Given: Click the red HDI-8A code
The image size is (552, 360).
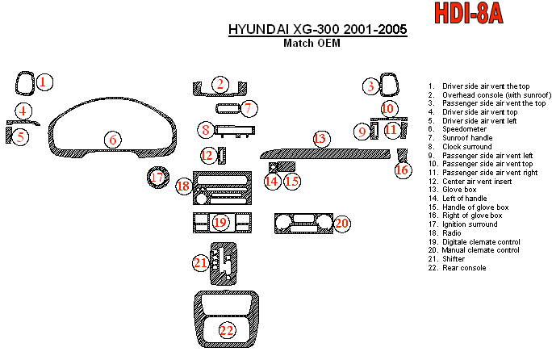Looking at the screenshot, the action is coord(469,13).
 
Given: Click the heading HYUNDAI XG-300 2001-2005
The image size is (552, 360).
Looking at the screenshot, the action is coord(317,29).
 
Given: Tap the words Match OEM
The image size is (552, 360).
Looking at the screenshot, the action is coord(312,43).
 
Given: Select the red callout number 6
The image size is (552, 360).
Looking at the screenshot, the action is coord(113,140).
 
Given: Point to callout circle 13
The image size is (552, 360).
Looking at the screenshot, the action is coord(321,139).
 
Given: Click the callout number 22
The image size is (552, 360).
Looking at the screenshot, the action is coord(226,330).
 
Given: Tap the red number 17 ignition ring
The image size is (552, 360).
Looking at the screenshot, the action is coord(157,177).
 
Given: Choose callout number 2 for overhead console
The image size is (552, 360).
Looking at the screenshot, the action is coord(220,85).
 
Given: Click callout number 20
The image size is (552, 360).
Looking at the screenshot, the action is coord(341,223).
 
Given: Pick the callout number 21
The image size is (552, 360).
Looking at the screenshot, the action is coord(201,263).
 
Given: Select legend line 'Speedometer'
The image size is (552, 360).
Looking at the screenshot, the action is coord(458,129).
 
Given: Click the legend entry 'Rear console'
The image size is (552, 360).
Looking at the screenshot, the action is coord(457,268).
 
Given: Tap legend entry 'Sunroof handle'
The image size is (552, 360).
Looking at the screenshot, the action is coord(460,138).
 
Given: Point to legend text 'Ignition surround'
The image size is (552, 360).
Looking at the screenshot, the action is coord(462,224).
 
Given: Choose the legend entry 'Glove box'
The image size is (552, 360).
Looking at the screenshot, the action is coord(453,190).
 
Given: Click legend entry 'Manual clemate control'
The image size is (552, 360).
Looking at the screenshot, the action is coord(474,250).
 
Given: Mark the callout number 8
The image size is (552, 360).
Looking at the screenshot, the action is coord(206,130).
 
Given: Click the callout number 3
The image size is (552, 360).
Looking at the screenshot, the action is coord(370,86).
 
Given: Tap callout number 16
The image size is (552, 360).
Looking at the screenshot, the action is coord(402,170).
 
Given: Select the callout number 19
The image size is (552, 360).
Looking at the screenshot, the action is coord(220,223).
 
